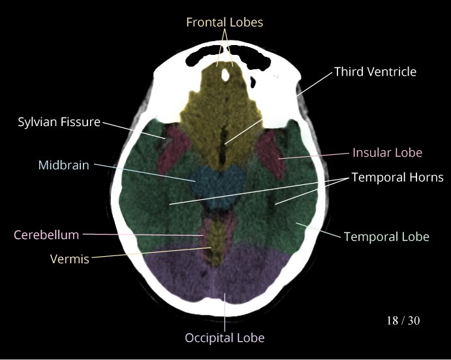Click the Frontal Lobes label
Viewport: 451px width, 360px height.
tap(225, 22)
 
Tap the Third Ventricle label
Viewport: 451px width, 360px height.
tap(375, 72)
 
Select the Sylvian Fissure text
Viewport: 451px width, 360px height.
tap(59, 122)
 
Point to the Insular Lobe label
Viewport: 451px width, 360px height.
tap(387, 153)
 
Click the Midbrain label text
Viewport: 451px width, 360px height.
tap(63, 165)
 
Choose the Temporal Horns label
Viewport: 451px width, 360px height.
tap(397, 177)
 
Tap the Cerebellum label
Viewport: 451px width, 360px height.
tap(46, 235)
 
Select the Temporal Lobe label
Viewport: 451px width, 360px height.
tap(386, 236)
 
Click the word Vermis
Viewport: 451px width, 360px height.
tap(69, 259)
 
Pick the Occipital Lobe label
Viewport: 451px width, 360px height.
tap(225, 338)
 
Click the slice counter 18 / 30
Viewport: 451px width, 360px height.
tap(403, 321)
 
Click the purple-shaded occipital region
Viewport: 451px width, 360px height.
tap(215, 274)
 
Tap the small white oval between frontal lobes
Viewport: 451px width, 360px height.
tap(225, 75)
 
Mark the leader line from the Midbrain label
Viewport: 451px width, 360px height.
tap(144, 172)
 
